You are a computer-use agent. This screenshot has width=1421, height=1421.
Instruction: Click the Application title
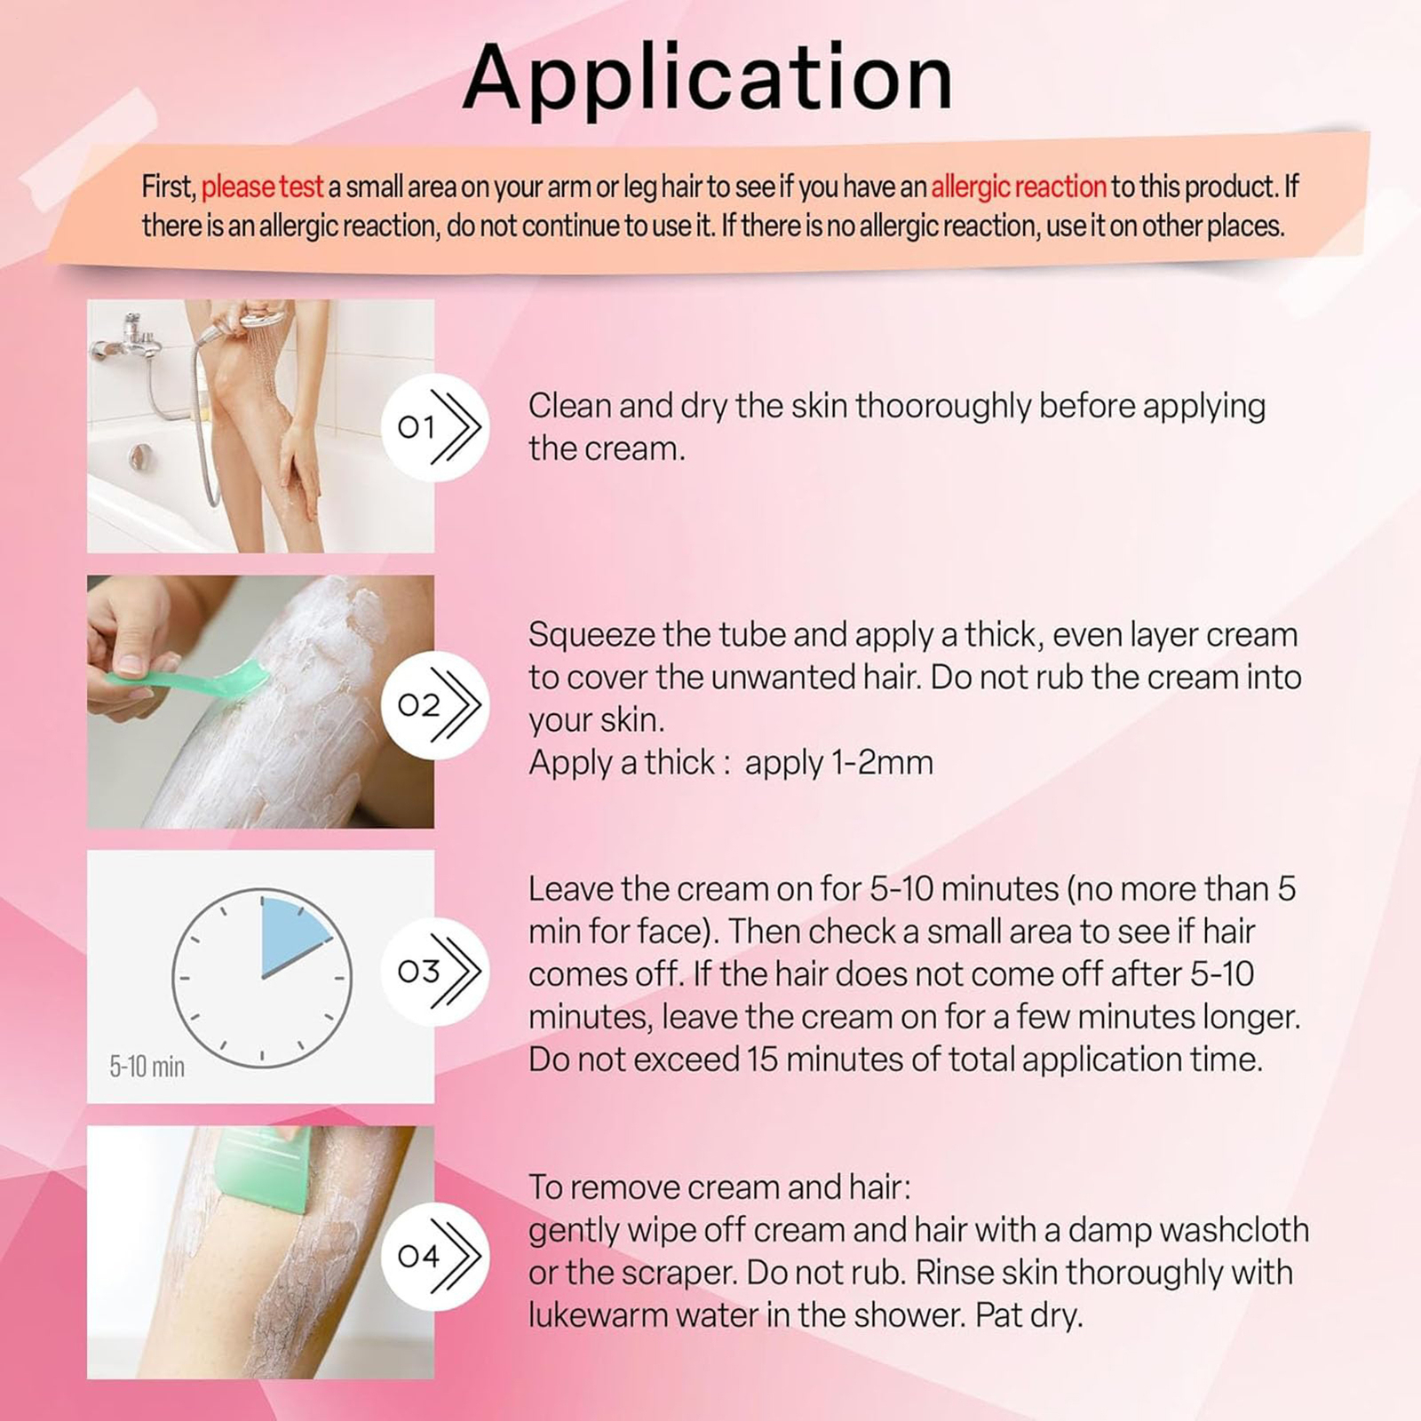click(708, 78)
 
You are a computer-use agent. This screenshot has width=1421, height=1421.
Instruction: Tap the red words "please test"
click(262, 187)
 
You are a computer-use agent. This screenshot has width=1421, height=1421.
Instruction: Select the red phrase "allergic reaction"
click(1018, 187)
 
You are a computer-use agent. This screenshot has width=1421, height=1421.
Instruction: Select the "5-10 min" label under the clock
click(147, 1066)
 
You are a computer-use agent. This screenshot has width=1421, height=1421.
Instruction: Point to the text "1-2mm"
click(883, 763)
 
